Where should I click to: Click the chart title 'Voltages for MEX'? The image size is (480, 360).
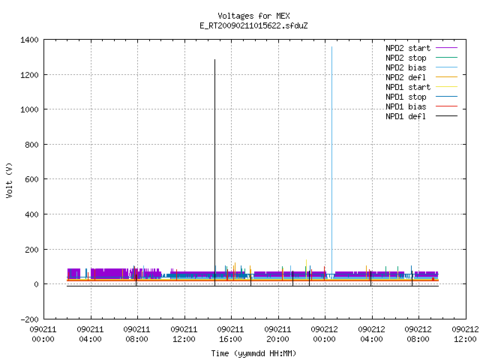tap(253, 16)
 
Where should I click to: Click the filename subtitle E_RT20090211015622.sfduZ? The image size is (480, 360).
tap(253, 25)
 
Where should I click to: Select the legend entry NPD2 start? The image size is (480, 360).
tap(408, 48)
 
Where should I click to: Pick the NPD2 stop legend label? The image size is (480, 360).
tap(406, 58)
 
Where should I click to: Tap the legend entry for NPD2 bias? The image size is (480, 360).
tap(406, 67)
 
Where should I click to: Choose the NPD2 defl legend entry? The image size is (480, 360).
tap(406, 77)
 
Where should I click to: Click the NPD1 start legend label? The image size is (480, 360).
tap(408, 87)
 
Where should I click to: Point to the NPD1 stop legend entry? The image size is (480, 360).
tap(406, 97)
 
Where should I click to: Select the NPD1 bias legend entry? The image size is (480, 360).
tap(406, 106)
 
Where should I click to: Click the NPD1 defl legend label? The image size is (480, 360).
tap(406, 116)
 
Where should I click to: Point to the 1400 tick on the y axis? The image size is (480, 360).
tap(29, 40)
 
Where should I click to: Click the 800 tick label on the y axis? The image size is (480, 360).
tap(31, 145)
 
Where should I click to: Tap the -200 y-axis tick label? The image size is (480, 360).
tap(29, 319)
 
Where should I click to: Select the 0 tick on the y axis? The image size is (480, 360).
tap(37, 284)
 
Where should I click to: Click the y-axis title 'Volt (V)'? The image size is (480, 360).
tap(9, 180)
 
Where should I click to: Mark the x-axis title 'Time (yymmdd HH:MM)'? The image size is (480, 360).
tap(253, 353)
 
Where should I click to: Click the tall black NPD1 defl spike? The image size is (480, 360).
tap(215, 172)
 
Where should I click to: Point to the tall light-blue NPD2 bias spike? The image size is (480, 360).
tap(331, 163)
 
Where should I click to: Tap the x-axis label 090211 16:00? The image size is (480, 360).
tap(230, 334)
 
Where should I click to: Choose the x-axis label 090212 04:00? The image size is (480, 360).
tap(371, 334)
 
